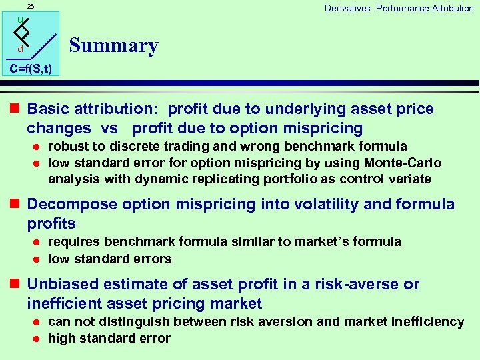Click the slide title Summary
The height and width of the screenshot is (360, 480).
pos(113,45)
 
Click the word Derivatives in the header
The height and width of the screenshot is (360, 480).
pos(347,8)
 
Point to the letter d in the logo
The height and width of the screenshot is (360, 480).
pos(20,49)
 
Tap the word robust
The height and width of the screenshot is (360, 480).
pos(69,146)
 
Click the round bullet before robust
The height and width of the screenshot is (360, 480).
pos(38,147)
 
